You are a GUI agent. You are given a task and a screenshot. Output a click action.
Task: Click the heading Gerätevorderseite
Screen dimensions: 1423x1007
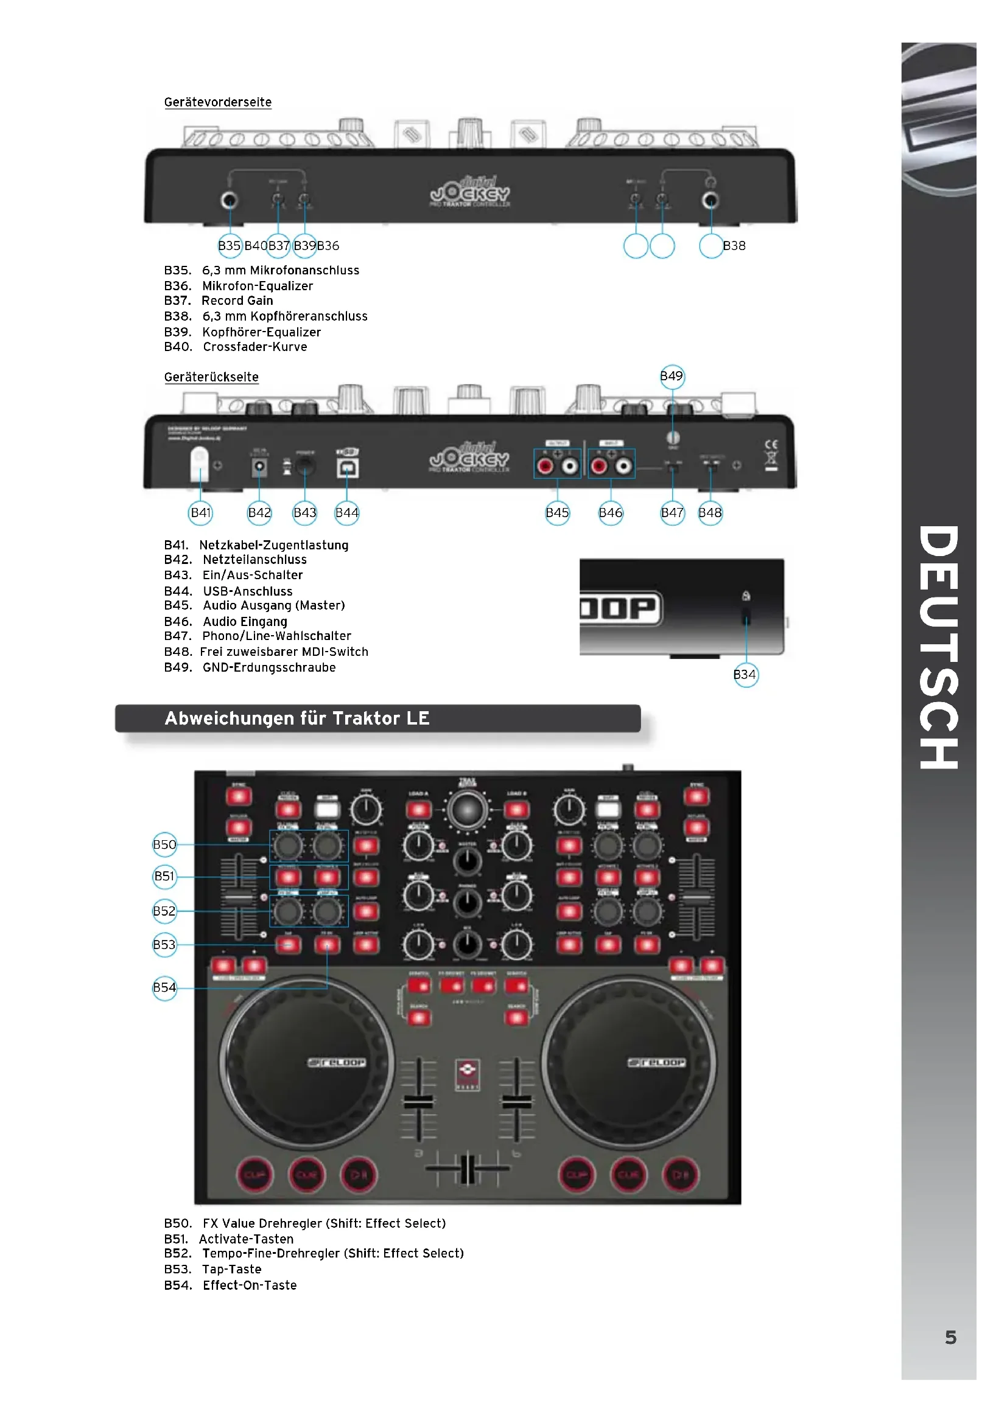pos(217,102)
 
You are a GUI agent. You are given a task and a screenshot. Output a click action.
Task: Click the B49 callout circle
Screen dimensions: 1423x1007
pos(672,376)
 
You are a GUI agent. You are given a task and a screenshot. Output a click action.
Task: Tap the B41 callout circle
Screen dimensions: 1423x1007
pos(201,513)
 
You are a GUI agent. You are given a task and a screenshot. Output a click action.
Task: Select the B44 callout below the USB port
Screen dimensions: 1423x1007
pos(347,513)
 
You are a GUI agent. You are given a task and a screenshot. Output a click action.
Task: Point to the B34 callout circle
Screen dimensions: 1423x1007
pos(745,675)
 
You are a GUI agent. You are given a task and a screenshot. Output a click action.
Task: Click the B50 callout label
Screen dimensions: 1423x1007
pos(165,845)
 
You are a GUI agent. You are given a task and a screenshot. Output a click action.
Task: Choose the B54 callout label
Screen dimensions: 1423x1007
pos(165,987)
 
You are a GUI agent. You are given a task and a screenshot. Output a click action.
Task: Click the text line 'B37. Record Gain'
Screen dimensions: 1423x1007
pos(219,301)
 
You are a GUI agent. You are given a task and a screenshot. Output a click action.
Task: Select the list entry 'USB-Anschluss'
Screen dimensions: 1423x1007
pos(247,591)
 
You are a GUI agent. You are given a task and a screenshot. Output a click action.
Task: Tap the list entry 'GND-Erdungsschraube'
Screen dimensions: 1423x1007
pos(269,667)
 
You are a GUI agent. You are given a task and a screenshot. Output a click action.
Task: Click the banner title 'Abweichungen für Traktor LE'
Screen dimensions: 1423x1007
pos(297,718)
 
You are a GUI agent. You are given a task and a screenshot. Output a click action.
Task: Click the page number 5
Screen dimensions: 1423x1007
pos(950,1337)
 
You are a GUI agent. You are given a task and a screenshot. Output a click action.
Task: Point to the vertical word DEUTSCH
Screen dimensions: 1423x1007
pos(939,648)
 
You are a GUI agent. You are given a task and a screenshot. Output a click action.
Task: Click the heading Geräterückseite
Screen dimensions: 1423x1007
pos(211,377)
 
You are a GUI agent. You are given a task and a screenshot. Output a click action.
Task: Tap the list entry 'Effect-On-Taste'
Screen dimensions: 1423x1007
pos(250,1286)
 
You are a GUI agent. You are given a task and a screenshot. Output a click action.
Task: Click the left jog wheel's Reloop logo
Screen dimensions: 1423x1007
pos(337,1063)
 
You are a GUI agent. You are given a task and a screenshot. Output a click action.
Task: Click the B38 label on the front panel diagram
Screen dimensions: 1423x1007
pos(734,246)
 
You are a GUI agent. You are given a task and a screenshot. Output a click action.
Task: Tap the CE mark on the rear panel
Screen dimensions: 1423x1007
pos(771,445)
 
